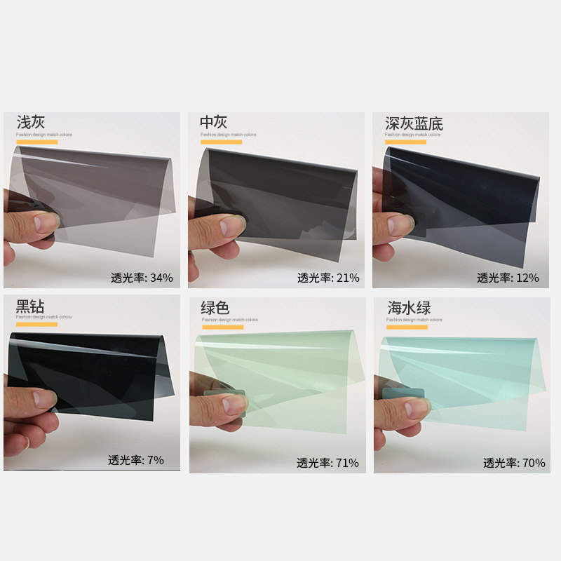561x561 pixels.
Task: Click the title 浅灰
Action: point(31,123)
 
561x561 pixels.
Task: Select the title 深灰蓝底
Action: point(414,124)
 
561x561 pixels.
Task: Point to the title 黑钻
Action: point(31,306)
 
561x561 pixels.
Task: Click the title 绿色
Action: point(215,308)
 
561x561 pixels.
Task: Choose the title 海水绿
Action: point(409,308)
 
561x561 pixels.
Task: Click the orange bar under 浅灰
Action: point(36,142)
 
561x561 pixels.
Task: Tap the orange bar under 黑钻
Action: point(36,324)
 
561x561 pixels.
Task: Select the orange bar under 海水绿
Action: point(407,327)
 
